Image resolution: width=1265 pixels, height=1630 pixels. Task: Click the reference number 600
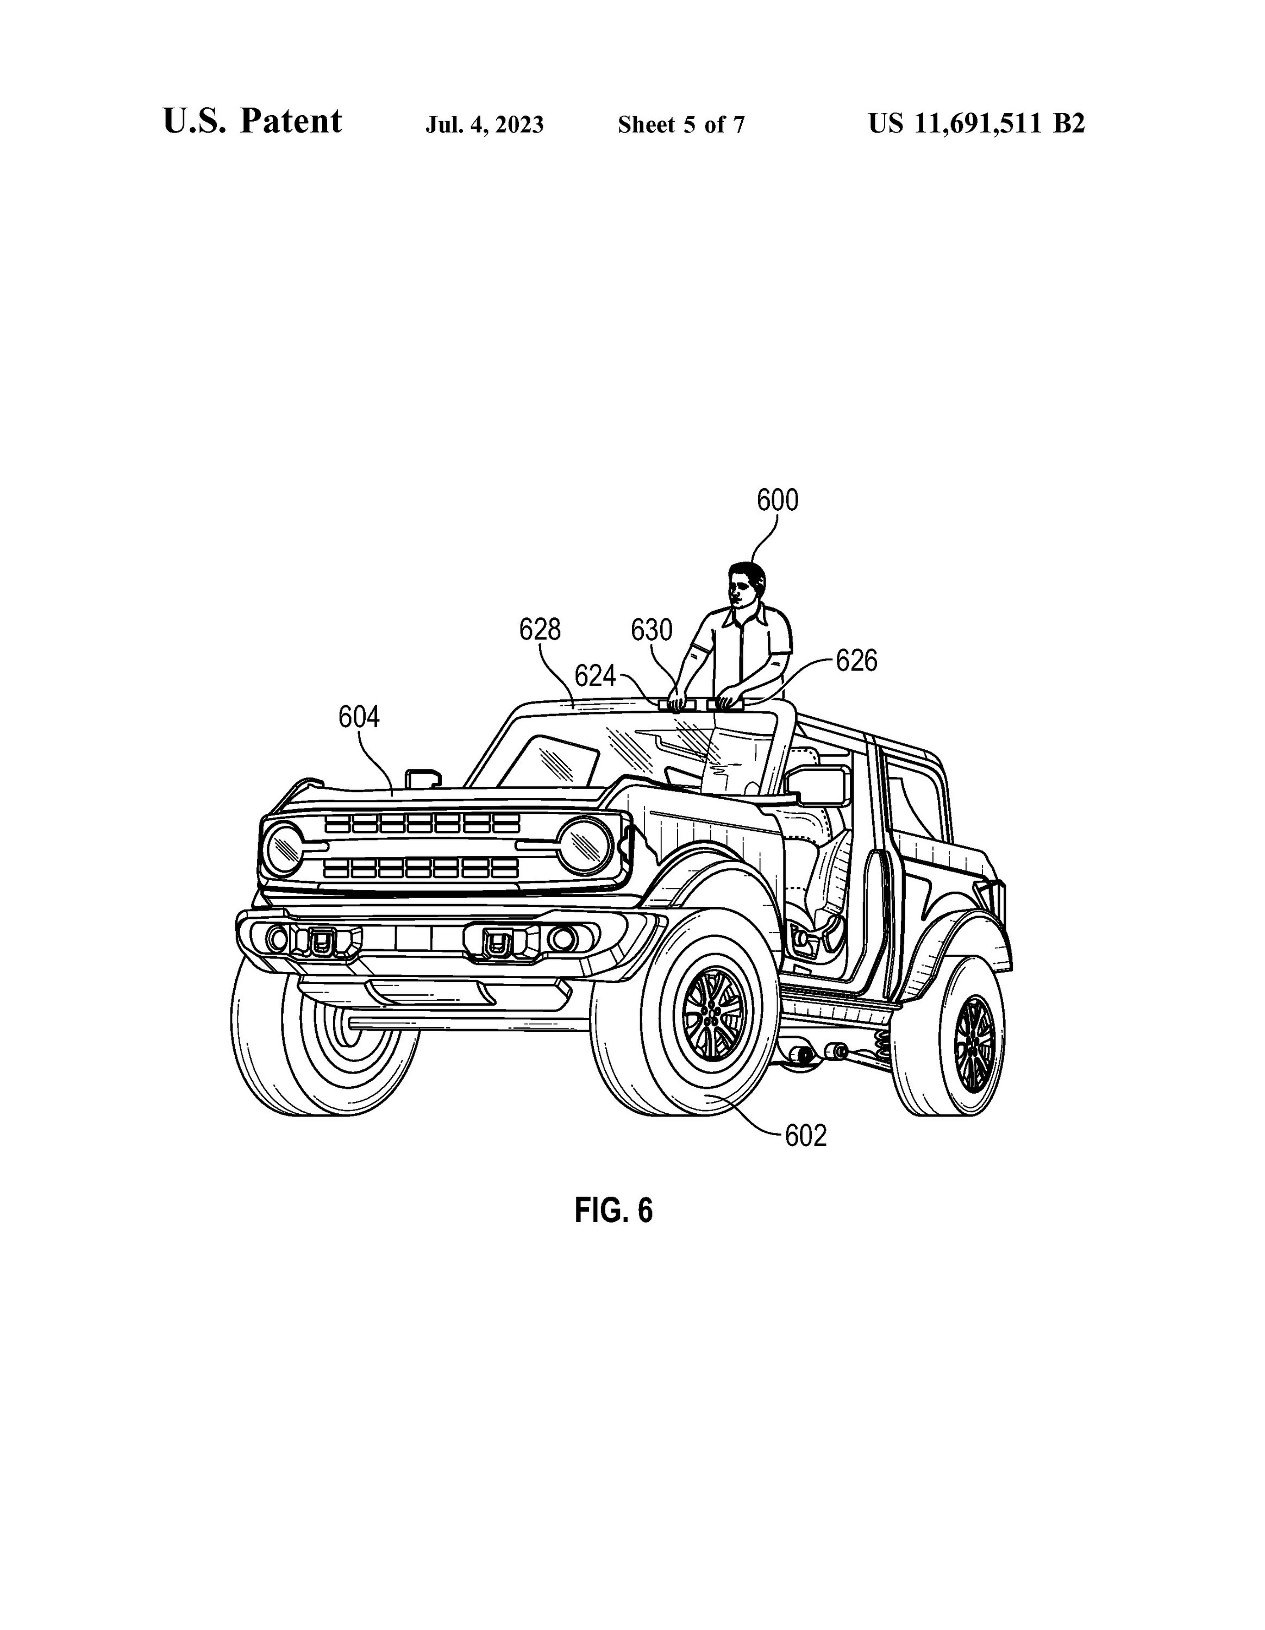(x=777, y=500)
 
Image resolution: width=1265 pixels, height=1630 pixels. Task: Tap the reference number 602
(x=805, y=1136)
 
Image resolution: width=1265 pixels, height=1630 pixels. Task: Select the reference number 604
(x=359, y=717)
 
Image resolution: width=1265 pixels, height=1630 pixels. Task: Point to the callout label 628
(x=540, y=630)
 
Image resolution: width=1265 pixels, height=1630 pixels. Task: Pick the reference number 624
(x=595, y=677)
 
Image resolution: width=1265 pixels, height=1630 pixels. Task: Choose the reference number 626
(x=856, y=661)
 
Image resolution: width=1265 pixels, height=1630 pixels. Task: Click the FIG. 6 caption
(x=613, y=1210)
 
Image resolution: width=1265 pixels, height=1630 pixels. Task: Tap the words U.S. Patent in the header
(x=252, y=122)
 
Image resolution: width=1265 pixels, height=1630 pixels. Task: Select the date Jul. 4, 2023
(x=484, y=124)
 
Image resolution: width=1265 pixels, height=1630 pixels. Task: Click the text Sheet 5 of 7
(x=681, y=124)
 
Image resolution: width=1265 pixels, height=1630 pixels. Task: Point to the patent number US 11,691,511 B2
(x=976, y=123)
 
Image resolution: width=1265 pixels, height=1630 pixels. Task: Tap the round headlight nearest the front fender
(x=585, y=845)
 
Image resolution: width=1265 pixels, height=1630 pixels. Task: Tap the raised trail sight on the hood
(x=423, y=777)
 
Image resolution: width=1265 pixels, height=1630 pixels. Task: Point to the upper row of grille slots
(x=422, y=823)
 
